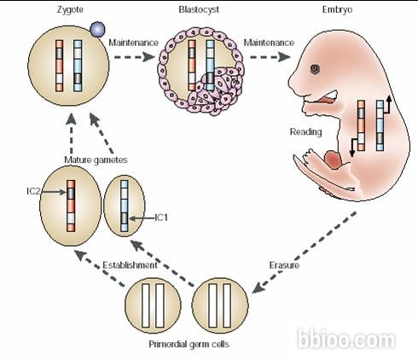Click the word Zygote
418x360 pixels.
pyautogui.click(x=70, y=10)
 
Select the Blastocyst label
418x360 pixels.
pyautogui.click(x=199, y=9)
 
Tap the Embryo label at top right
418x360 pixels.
pyautogui.click(x=337, y=10)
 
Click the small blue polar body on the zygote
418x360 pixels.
pyautogui.click(x=97, y=29)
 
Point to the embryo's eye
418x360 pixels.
pyautogui.click(x=315, y=69)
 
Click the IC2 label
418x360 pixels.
pyautogui.click(x=33, y=191)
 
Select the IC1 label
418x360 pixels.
pyautogui.click(x=161, y=218)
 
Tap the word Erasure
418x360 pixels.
pyautogui.click(x=284, y=265)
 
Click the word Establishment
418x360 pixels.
pyautogui.click(x=130, y=265)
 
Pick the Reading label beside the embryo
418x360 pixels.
pyautogui.click(x=305, y=132)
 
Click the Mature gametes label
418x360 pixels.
pyautogui.click(x=96, y=160)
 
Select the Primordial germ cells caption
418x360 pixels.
pyautogui.click(x=189, y=345)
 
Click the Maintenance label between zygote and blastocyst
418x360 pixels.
pyautogui.click(x=133, y=43)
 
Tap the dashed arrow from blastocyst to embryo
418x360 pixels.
pyautogui.click(x=270, y=57)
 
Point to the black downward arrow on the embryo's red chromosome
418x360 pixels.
pyautogui.click(x=353, y=147)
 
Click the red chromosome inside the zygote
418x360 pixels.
pyautogui.click(x=60, y=66)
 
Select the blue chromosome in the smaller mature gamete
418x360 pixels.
pyautogui.click(x=125, y=206)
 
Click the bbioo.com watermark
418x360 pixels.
pyautogui.click(x=346, y=339)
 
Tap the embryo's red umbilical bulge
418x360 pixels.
pyautogui.click(x=334, y=160)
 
